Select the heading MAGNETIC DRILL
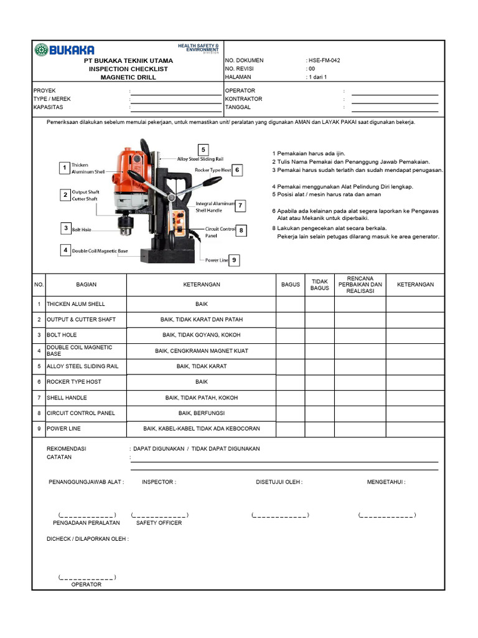click(128, 77)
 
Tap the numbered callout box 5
click(202, 150)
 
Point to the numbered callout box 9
click(235, 260)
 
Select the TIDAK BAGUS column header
click(319, 285)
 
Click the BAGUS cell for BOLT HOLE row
click(290, 335)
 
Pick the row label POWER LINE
click(63, 429)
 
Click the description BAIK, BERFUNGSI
click(201, 413)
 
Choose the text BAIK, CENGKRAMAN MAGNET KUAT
click(201, 351)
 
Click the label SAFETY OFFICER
click(159, 523)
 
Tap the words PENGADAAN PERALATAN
click(86, 523)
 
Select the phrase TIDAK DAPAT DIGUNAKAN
click(225, 449)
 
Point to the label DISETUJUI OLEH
click(279, 482)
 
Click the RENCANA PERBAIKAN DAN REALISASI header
click(360, 285)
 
